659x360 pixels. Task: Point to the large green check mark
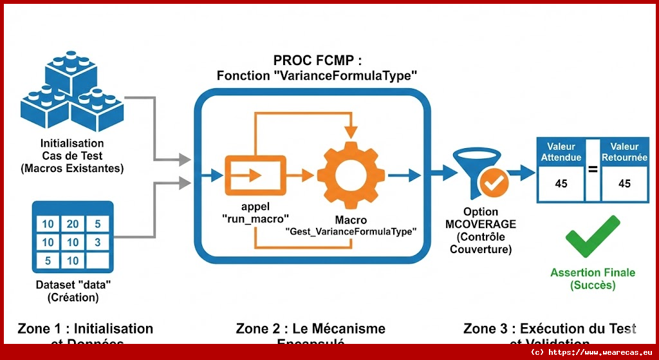coord(592,237)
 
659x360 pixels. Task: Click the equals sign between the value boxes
coord(592,170)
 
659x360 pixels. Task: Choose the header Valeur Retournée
coord(624,152)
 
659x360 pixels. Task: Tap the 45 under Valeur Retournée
coord(624,184)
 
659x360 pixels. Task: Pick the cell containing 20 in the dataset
coord(73,224)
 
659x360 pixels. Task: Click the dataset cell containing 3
coord(97,243)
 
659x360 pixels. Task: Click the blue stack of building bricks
coord(71,93)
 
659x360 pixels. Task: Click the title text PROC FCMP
coord(317,61)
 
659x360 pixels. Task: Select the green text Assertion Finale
coord(592,272)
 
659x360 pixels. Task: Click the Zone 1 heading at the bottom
coord(86,329)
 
